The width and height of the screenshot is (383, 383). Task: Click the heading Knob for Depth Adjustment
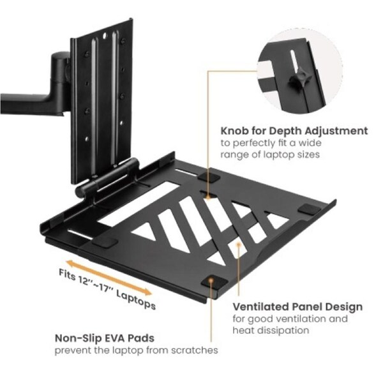pos(294,131)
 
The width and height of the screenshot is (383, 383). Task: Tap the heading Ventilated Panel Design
pos(297,307)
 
